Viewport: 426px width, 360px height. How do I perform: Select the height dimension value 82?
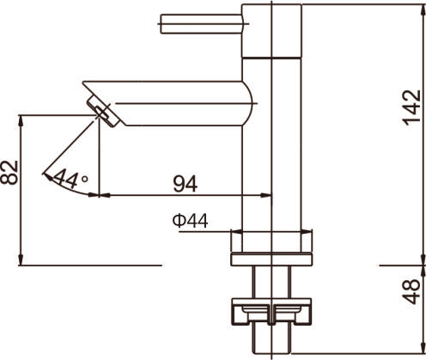(x=11, y=173)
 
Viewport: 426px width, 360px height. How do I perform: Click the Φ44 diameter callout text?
(x=189, y=221)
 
